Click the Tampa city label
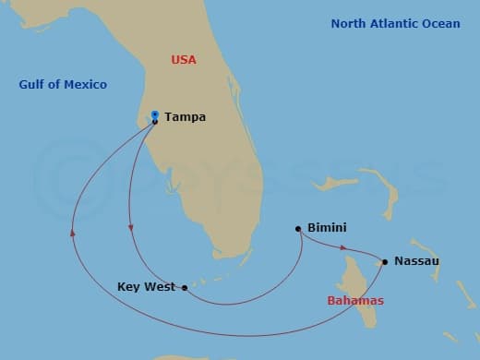point(185,117)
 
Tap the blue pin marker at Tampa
point(155,114)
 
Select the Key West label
point(148,287)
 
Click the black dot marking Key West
point(186,288)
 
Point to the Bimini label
point(328,228)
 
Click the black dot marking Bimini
point(298,229)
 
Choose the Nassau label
point(416,261)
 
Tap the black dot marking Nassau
point(385,262)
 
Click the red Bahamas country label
point(355,301)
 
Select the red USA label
point(185,60)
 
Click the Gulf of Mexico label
point(63,85)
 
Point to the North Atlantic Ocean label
point(395,23)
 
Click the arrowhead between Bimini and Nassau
point(344,247)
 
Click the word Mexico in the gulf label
point(85,85)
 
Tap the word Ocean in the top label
point(441,23)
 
